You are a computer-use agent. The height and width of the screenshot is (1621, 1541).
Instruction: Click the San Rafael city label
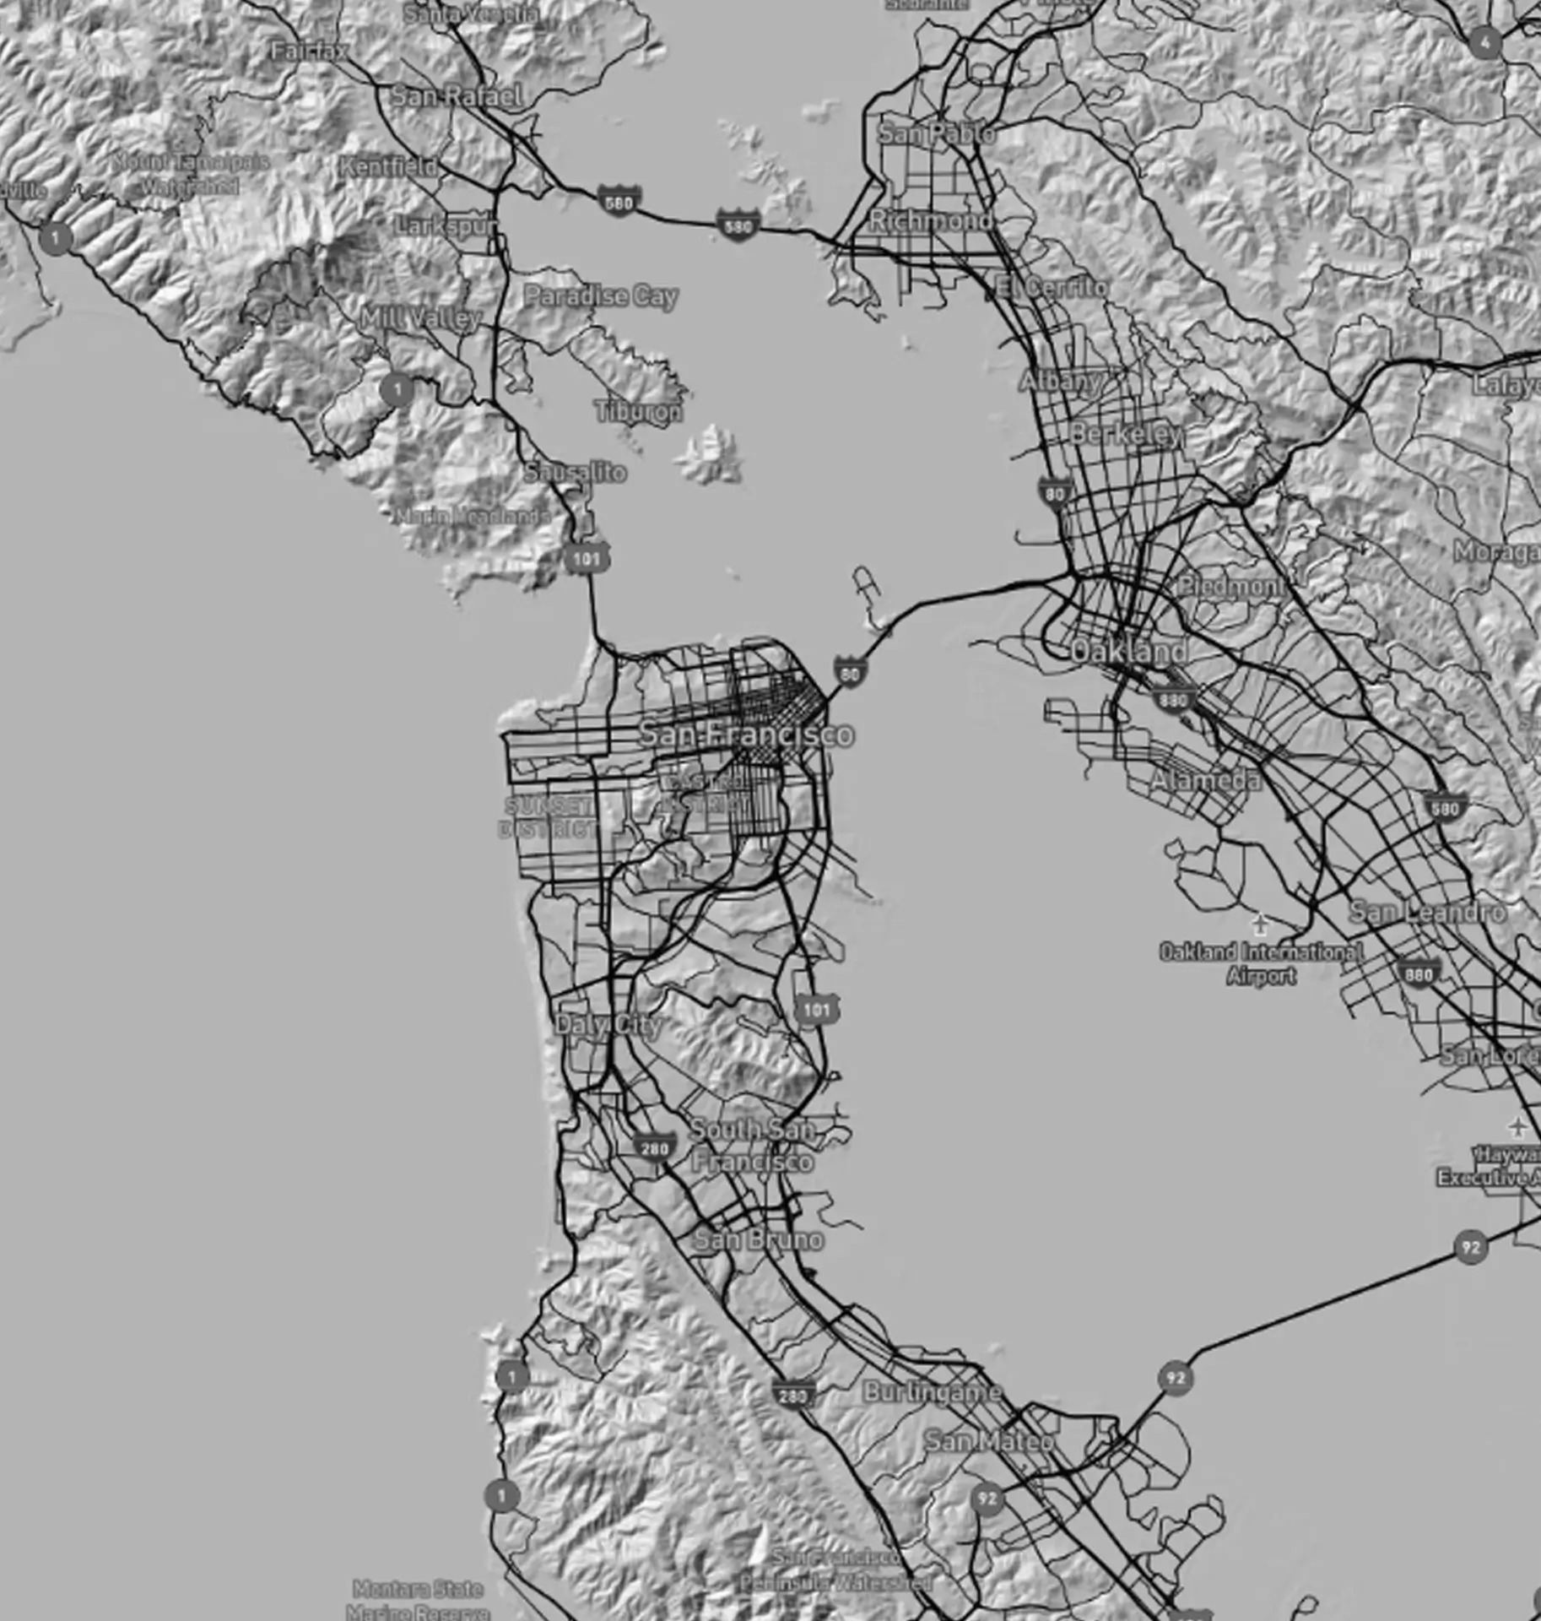click(457, 96)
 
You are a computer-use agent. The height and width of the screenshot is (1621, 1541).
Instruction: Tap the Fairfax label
click(310, 52)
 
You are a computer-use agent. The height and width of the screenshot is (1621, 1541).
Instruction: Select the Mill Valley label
click(420, 318)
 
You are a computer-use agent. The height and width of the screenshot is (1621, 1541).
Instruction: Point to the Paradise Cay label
click(601, 296)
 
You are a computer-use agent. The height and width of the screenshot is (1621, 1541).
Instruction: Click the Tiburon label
click(639, 412)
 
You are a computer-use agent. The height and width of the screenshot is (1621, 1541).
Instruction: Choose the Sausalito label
click(576, 472)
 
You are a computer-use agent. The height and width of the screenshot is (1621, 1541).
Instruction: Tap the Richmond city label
click(931, 220)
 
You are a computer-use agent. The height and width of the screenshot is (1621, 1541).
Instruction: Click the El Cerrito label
click(1052, 287)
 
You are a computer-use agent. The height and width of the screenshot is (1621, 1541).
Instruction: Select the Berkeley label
click(1127, 434)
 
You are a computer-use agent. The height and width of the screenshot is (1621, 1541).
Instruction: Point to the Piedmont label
click(1230, 586)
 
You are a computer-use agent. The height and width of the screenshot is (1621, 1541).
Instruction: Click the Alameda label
click(1206, 780)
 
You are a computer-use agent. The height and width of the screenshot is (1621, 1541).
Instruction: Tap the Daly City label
click(608, 1025)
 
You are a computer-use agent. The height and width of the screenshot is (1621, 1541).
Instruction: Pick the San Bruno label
click(758, 1239)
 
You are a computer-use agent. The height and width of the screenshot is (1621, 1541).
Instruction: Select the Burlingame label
click(933, 1392)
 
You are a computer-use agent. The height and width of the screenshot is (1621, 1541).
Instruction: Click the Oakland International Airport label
click(1261, 963)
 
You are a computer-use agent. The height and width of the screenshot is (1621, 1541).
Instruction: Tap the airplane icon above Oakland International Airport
click(1260, 924)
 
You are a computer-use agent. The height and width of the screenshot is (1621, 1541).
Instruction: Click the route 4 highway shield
click(1485, 42)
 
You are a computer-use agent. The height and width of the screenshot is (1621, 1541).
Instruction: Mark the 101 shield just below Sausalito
click(586, 558)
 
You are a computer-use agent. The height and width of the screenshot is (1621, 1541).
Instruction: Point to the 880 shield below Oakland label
click(1173, 699)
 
